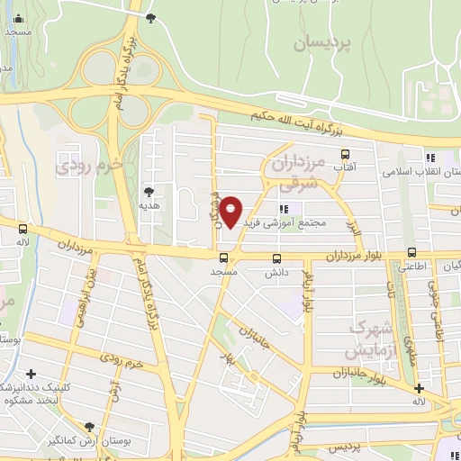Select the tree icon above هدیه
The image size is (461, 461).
coord(149,191)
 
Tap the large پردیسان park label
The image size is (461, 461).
coord(326,42)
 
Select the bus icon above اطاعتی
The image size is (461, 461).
coord(411,253)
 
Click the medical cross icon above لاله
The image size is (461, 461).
coord(419,387)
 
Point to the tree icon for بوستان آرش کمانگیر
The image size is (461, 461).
coord(89,427)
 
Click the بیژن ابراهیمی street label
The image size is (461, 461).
coord(95,292)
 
